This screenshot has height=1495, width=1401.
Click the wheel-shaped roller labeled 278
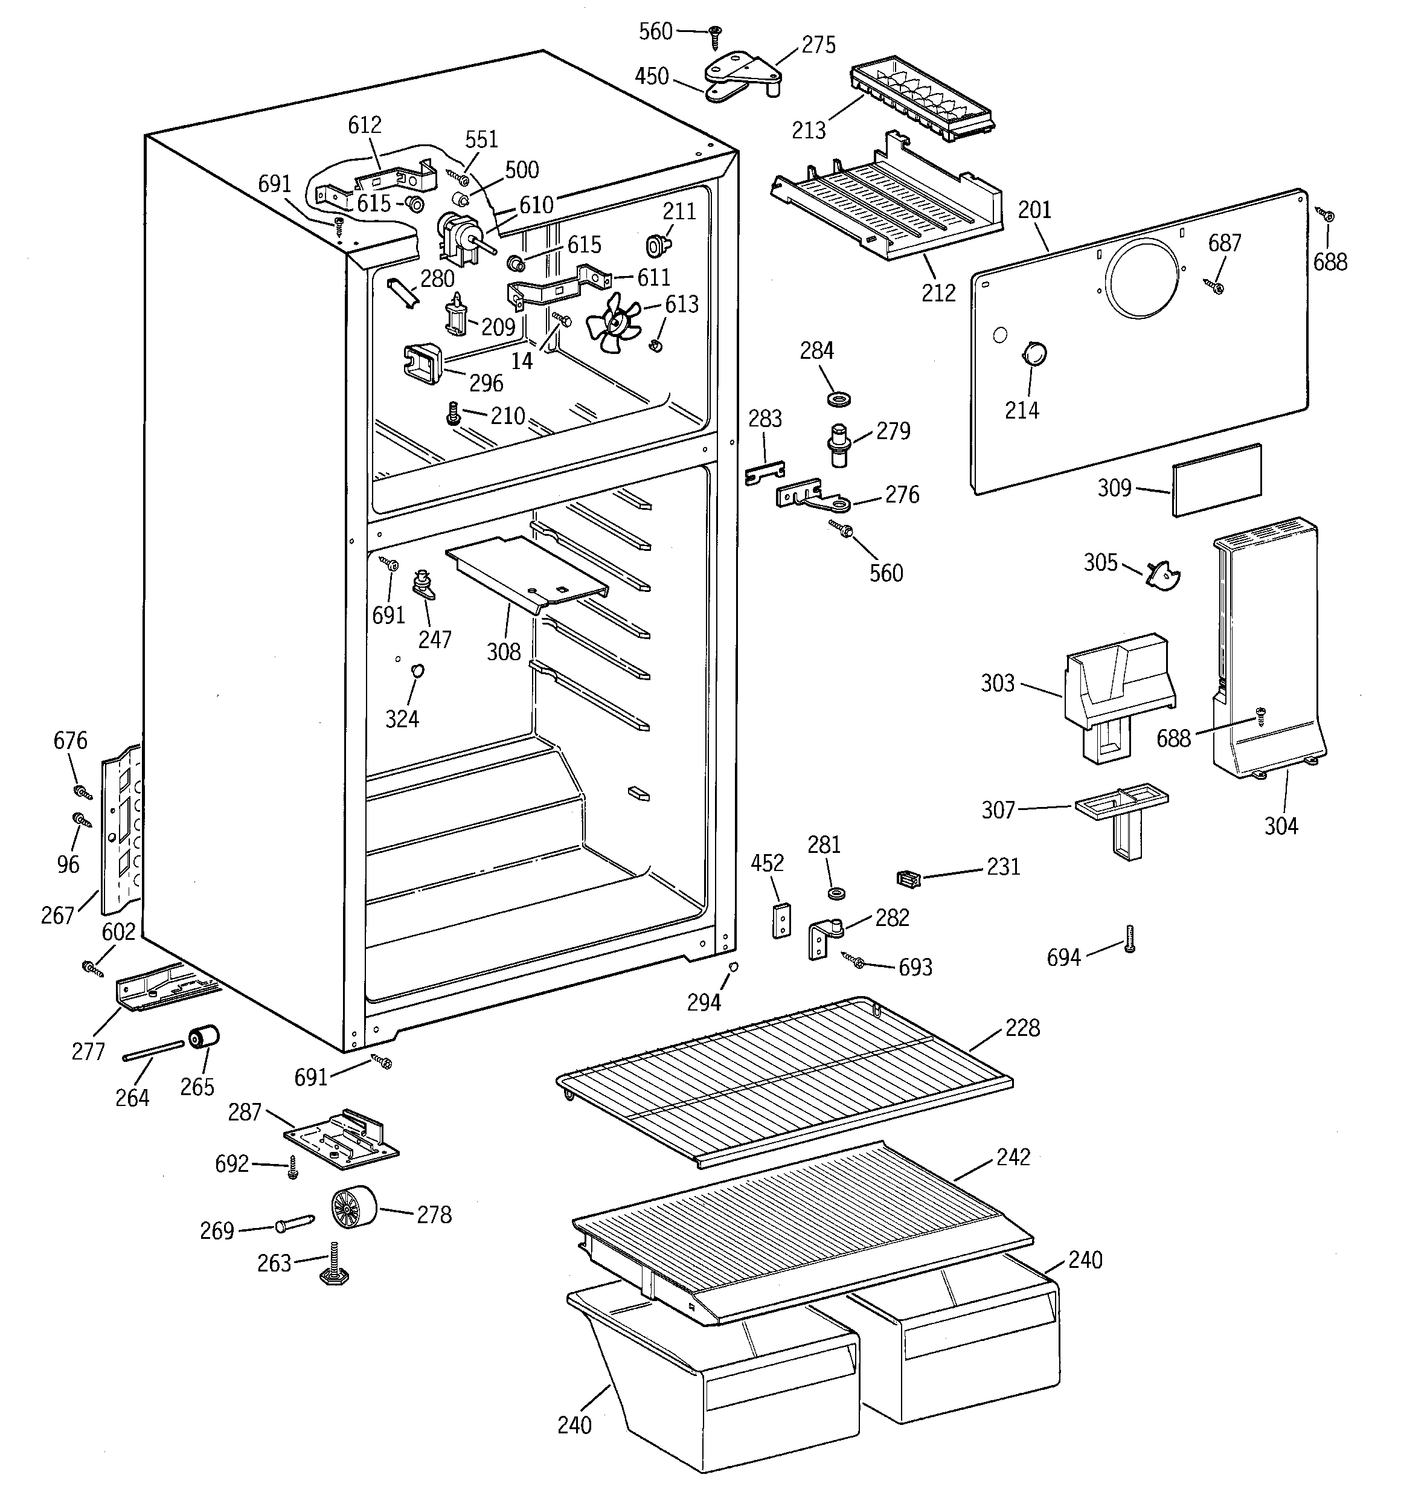tap(353, 1206)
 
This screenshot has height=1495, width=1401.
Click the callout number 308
tap(503, 651)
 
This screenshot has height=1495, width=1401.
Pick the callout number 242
tap(1013, 1157)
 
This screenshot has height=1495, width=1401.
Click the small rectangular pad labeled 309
tap(1216, 479)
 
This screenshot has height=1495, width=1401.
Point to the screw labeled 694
tap(1129, 939)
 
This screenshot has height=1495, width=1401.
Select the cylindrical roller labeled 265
tap(204, 1037)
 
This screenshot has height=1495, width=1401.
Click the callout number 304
tap(1281, 826)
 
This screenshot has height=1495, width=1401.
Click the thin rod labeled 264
tap(153, 1050)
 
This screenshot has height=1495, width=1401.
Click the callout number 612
tap(365, 125)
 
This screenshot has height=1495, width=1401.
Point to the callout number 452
tap(767, 863)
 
